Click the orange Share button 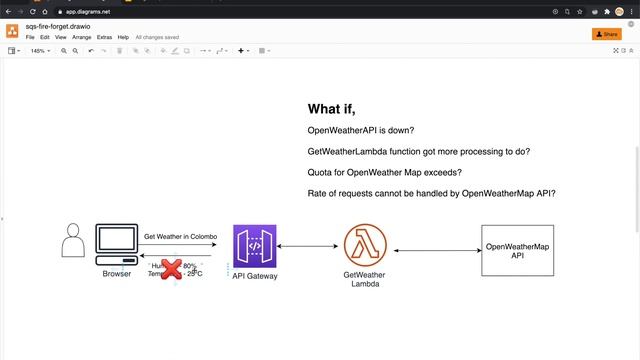(x=607, y=33)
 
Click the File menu (x=30, y=37)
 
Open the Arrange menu (x=82, y=37)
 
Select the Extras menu (x=105, y=37)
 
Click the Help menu (x=123, y=37)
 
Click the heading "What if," (x=331, y=109)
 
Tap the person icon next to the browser (x=72, y=243)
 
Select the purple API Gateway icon (x=255, y=246)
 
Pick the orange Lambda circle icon (x=365, y=246)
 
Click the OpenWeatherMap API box (x=516, y=250)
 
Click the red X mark (x=172, y=268)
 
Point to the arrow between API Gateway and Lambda (x=311, y=246)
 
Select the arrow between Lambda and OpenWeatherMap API (x=437, y=250)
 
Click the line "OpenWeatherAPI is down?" (x=361, y=131)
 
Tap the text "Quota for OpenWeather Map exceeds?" (x=384, y=172)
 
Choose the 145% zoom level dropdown (x=40, y=50)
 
